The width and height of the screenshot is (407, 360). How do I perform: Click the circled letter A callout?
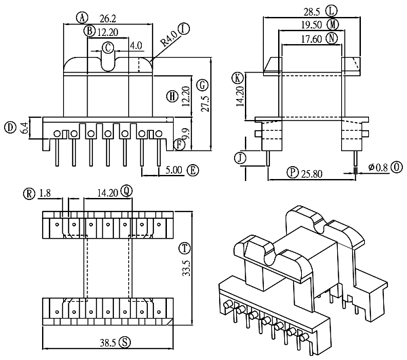click(82, 18)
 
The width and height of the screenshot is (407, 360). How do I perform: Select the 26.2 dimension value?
click(107, 18)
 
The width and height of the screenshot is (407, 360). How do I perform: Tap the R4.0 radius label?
click(169, 39)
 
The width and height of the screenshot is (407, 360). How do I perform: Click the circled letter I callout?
click(184, 28)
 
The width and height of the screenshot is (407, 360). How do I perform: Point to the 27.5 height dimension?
click(206, 104)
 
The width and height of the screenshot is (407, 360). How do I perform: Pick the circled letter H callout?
click(172, 97)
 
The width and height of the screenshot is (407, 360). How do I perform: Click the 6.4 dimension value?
click(24, 128)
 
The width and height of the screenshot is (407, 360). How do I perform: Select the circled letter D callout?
click(10, 128)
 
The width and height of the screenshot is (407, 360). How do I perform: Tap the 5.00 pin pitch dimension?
click(174, 170)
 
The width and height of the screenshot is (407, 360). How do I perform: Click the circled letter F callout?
click(179, 144)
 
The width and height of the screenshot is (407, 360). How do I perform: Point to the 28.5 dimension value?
click(312, 12)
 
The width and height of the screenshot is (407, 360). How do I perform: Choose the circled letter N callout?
click(332, 39)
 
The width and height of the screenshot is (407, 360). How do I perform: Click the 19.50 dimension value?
click(311, 25)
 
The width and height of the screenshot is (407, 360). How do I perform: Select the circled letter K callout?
click(237, 78)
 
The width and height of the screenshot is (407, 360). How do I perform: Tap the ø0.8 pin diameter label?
click(379, 167)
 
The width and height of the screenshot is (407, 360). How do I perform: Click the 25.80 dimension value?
click(312, 174)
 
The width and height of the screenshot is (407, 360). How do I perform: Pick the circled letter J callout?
click(240, 158)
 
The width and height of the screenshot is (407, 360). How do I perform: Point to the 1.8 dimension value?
click(45, 193)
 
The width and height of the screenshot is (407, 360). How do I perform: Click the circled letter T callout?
click(185, 249)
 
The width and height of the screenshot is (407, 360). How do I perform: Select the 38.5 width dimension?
click(108, 343)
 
